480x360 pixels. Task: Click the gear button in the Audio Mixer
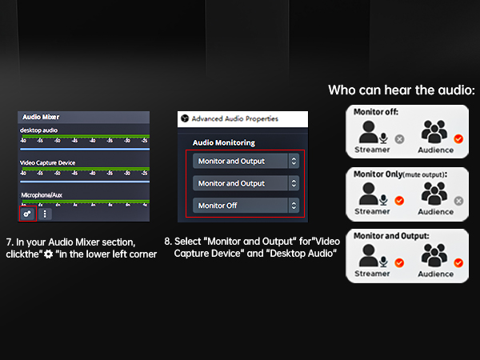[x=28, y=214]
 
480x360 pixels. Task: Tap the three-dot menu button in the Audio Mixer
[x=45, y=214]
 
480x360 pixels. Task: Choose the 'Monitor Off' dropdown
[x=246, y=206]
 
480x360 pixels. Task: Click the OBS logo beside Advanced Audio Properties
[x=185, y=118]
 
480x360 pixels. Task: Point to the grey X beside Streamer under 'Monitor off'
[x=399, y=138]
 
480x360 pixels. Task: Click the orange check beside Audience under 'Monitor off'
[x=458, y=138]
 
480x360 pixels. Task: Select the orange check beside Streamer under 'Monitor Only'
[x=399, y=201]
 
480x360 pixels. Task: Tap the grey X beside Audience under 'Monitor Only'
[x=458, y=201]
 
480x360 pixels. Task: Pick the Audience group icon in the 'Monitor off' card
[x=434, y=132]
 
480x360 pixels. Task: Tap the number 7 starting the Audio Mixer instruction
[x=8, y=241]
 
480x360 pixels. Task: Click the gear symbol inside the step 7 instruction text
[x=49, y=254]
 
